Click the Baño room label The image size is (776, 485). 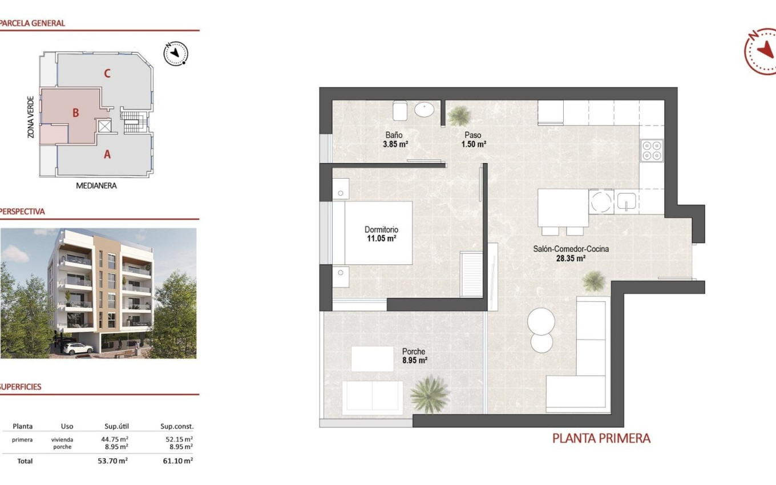(394, 135)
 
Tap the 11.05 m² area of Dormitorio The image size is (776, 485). (381, 239)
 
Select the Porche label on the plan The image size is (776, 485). (413, 351)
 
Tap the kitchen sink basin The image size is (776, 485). (626, 201)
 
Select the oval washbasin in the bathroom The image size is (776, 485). (424, 109)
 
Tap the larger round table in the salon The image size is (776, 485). (541, 321)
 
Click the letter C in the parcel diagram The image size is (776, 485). (107, 73)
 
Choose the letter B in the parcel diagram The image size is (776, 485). (75, 113)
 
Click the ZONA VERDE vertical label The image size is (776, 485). (31, 117)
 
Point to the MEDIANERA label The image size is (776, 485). (96, 185)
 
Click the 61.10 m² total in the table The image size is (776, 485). (177, 460)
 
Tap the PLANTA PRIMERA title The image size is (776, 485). (601, 438)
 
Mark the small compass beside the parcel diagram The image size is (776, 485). (176, 53)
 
